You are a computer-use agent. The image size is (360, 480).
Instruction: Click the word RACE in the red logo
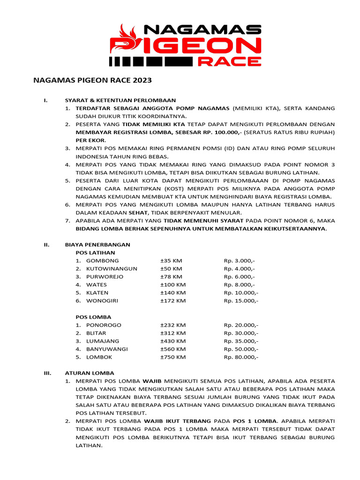tap(230, 61)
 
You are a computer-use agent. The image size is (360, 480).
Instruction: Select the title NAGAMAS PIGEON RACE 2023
tap(92, 81)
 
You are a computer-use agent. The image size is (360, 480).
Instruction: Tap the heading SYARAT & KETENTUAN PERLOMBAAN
tap(120, 100)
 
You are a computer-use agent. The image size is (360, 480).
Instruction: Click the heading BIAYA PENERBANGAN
tap(97, 245)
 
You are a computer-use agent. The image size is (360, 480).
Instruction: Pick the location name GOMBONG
tap(102, 261)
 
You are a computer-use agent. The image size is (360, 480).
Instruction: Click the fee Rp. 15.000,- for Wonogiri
tap(241, 301)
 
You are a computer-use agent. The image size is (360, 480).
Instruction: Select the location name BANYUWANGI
tap(107, 349)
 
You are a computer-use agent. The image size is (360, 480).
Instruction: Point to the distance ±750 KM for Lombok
tap(173, 357)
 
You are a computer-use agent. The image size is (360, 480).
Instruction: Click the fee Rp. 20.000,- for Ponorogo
tap(241, 325)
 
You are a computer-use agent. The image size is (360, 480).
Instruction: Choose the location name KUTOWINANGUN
tap(112, 269)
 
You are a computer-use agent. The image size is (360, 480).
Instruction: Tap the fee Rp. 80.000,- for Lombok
tap(241, 357)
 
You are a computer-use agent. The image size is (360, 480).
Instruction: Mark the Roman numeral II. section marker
tap(47, 245)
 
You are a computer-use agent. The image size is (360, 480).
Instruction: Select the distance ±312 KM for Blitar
tap(173, 333)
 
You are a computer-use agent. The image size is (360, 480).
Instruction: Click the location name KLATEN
tap(97, 292)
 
